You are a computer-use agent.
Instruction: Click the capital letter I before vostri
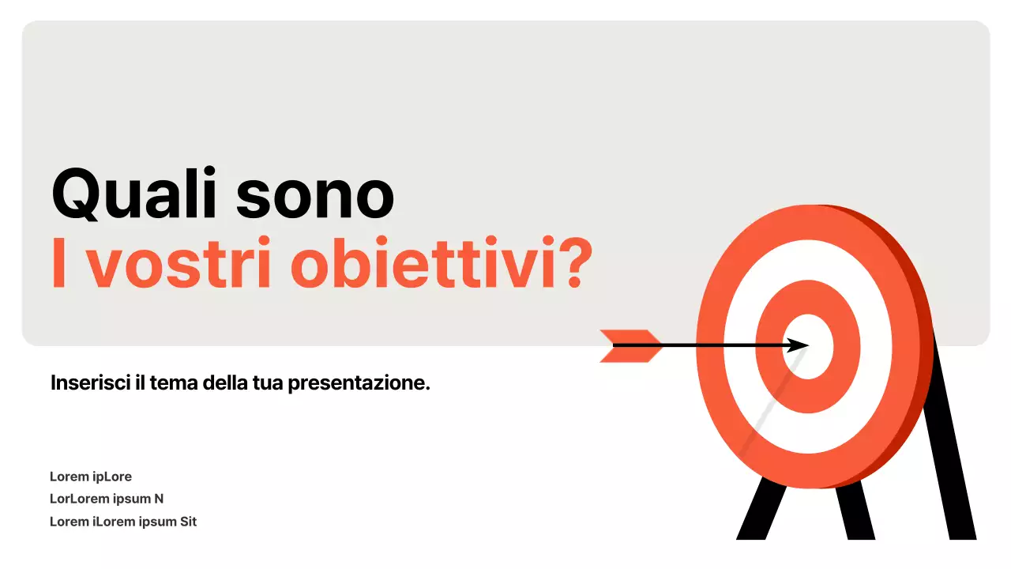pos(58,264)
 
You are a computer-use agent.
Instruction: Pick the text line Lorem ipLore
pos(91,477)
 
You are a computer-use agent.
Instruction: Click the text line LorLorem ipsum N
pos(107,499)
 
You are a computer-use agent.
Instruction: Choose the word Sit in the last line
pos(187,522)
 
